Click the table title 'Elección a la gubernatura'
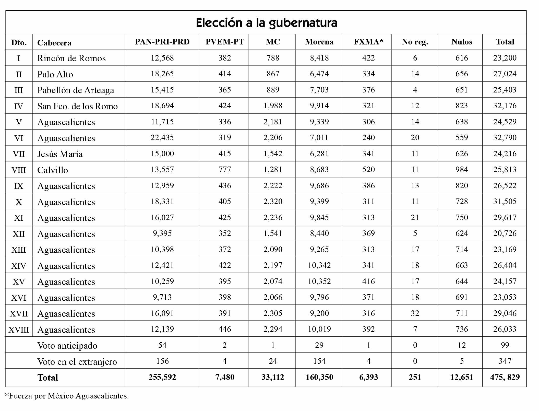[266, 23]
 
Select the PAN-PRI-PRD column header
[162, 42]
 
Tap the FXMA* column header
[368, 42]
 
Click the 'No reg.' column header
[415, 42]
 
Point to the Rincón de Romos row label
[71, 58]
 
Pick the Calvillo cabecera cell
[53, 170]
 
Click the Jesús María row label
[60, 154]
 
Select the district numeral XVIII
[19, 330]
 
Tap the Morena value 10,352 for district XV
[319, 281]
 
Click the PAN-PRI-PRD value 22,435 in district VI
[162, 138]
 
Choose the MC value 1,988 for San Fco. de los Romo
[273, 106]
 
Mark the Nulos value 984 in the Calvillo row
[461, 170]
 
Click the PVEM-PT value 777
[225, 170]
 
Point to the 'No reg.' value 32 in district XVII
[415, 313]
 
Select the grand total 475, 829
[505, 377]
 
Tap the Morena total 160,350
[319, 377]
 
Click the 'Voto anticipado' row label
[67, 346]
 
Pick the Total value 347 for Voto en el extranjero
[505, 361]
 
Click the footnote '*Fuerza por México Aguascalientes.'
[67, 396]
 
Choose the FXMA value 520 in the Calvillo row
[368, 170]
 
